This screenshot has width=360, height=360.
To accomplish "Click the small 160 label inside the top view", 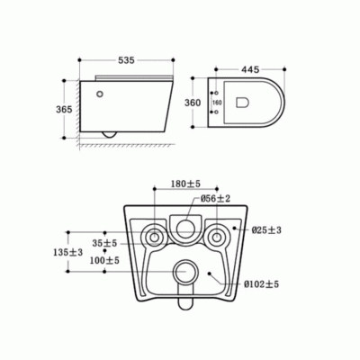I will click(x=216, y=103).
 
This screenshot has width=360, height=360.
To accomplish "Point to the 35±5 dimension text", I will click(x=104, y=243).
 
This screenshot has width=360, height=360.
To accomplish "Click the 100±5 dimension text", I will click(x=104, y=260).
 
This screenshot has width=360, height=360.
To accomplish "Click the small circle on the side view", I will click(x=98, y=92).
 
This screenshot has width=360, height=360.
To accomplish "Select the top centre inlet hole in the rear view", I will click(x=185, y=228).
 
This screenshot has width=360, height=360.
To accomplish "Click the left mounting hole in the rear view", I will click(x=154, y=238).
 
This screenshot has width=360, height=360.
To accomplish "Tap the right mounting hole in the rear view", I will click(x=216, y=238).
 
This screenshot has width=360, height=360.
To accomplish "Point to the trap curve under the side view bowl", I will click(x=111, y=134).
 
